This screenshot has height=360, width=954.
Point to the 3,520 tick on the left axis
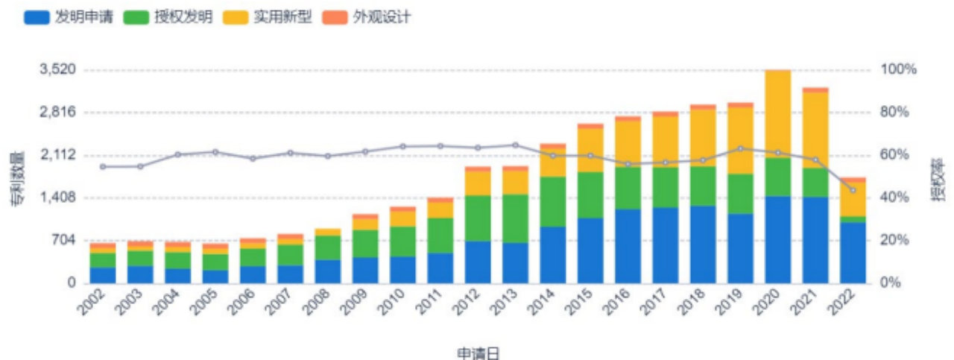click(x=57, y=69)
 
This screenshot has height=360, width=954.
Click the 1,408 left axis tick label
click(x=57, y=198)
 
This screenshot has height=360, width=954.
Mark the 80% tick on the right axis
click(x=900, y=112)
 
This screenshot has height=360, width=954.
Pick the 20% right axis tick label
click(x=900, y=240)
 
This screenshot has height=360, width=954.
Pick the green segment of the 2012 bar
click(x=477, y=218)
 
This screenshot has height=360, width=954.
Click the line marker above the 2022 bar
click(x=853, y=190)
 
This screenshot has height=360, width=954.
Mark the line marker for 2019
click(x=740, y=148)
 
